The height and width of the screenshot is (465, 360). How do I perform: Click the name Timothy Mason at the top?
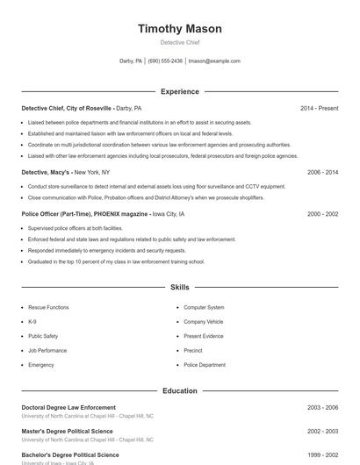tap(179, 29)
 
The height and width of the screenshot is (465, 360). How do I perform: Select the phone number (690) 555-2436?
tap(165, 61)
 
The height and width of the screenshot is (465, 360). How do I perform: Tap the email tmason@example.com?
tap(214, 61)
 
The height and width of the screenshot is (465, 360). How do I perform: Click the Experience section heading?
tap(179, 91)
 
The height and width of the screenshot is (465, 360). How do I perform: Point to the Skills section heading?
tap(179, 287)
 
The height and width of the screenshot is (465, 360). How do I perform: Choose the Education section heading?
tap(179, 390)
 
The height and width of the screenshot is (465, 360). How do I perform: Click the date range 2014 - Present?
tap(319, 108)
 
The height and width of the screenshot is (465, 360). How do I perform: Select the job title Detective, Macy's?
tap(47, 173)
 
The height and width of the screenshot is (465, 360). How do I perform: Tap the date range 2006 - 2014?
tap(322, 173)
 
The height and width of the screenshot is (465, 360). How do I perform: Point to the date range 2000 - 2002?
tap(322, 214)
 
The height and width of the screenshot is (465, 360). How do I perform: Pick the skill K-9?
tap(32, 322)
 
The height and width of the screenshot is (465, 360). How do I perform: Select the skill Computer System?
tap(204, 308)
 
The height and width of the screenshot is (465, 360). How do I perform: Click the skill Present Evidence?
tap(203, 336)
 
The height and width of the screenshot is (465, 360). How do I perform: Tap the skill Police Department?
tap(205, 364)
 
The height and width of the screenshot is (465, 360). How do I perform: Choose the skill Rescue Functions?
tap(48, 308)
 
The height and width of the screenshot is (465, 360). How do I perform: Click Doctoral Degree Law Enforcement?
tap(68, 407)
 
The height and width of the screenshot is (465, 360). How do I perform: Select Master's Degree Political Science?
tap(67, 432)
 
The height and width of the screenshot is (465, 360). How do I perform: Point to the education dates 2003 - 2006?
tap(322, 407)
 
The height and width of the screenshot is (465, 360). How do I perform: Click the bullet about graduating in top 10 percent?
tap(116, 261)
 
